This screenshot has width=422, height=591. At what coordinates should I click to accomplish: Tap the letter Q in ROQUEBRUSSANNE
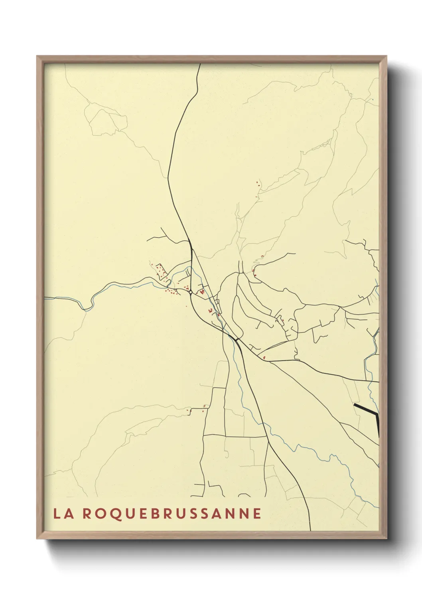tap(108, 514)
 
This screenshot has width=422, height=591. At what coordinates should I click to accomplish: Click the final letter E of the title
tap(257, 514)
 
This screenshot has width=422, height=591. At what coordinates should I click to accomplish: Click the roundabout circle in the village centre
tap(191, 293)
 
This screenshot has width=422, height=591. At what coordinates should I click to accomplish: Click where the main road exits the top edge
tap(199, 64)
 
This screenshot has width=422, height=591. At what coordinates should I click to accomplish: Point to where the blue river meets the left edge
tap(45, 297)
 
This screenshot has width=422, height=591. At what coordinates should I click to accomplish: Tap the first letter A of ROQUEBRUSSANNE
tap(215, 514)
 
